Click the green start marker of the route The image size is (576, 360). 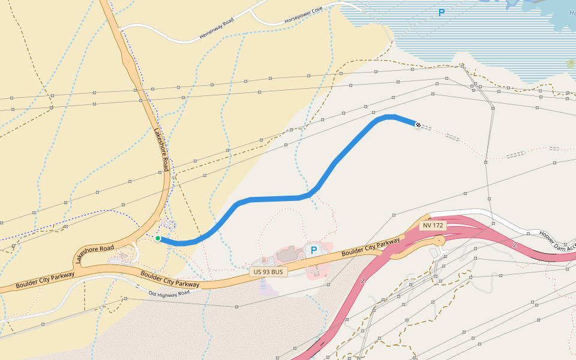[158, 238]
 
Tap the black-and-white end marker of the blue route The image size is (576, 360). [418, 124]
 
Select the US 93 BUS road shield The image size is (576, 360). [268, 272]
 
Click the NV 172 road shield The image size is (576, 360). [433, 226]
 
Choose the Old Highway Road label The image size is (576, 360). [169, 293]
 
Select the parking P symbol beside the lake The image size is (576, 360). [442, 12]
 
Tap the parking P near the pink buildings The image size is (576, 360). [313, 249]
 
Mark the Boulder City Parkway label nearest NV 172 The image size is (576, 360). [371, 247]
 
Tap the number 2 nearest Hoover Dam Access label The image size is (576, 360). [515, 245]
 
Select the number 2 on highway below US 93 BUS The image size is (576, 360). [362, 280]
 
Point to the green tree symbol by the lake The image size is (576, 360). [570, 63]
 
